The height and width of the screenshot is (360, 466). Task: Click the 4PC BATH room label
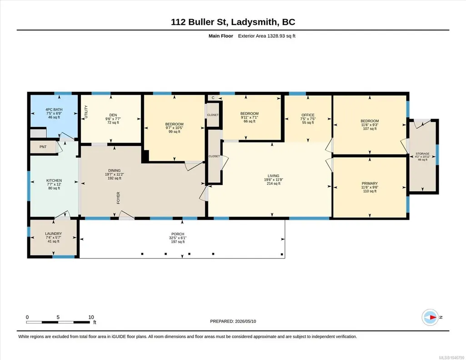point(54,110)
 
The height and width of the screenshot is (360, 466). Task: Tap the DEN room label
point(113,115)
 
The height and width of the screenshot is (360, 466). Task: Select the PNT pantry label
point(43,147)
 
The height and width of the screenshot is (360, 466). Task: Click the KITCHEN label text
point(54,180)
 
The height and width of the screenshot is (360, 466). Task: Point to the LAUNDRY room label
point(54,234)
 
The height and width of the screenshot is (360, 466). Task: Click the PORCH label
point(178,234)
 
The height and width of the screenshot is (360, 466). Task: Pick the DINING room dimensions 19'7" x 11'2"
point(115,175)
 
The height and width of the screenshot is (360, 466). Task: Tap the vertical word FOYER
point(118,198)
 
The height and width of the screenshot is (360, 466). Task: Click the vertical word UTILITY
point(86,112)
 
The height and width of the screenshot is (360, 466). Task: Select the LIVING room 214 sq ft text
point(273,184)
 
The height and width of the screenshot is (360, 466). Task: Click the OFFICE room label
point(308,115)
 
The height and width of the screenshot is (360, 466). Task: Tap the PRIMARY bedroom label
point(370,184)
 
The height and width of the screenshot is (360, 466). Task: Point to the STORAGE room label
point(422,154)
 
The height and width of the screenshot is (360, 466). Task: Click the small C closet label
point(213,98)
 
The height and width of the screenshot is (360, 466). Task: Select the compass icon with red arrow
point(430,317)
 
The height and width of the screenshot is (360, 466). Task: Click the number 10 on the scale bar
point(91,317)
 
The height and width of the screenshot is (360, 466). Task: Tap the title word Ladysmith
point(255,22)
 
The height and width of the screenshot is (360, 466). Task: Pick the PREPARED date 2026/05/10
point(246,321)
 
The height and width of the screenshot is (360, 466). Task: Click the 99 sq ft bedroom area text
point(175,131)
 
